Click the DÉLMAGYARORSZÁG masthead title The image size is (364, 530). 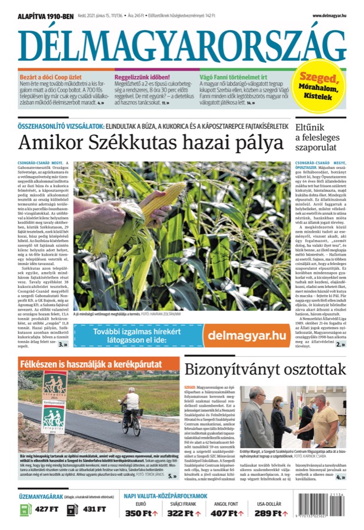tap(182, 45)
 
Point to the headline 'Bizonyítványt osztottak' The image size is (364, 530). tap(265, 369)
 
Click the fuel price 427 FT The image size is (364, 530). tap(45, 508)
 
